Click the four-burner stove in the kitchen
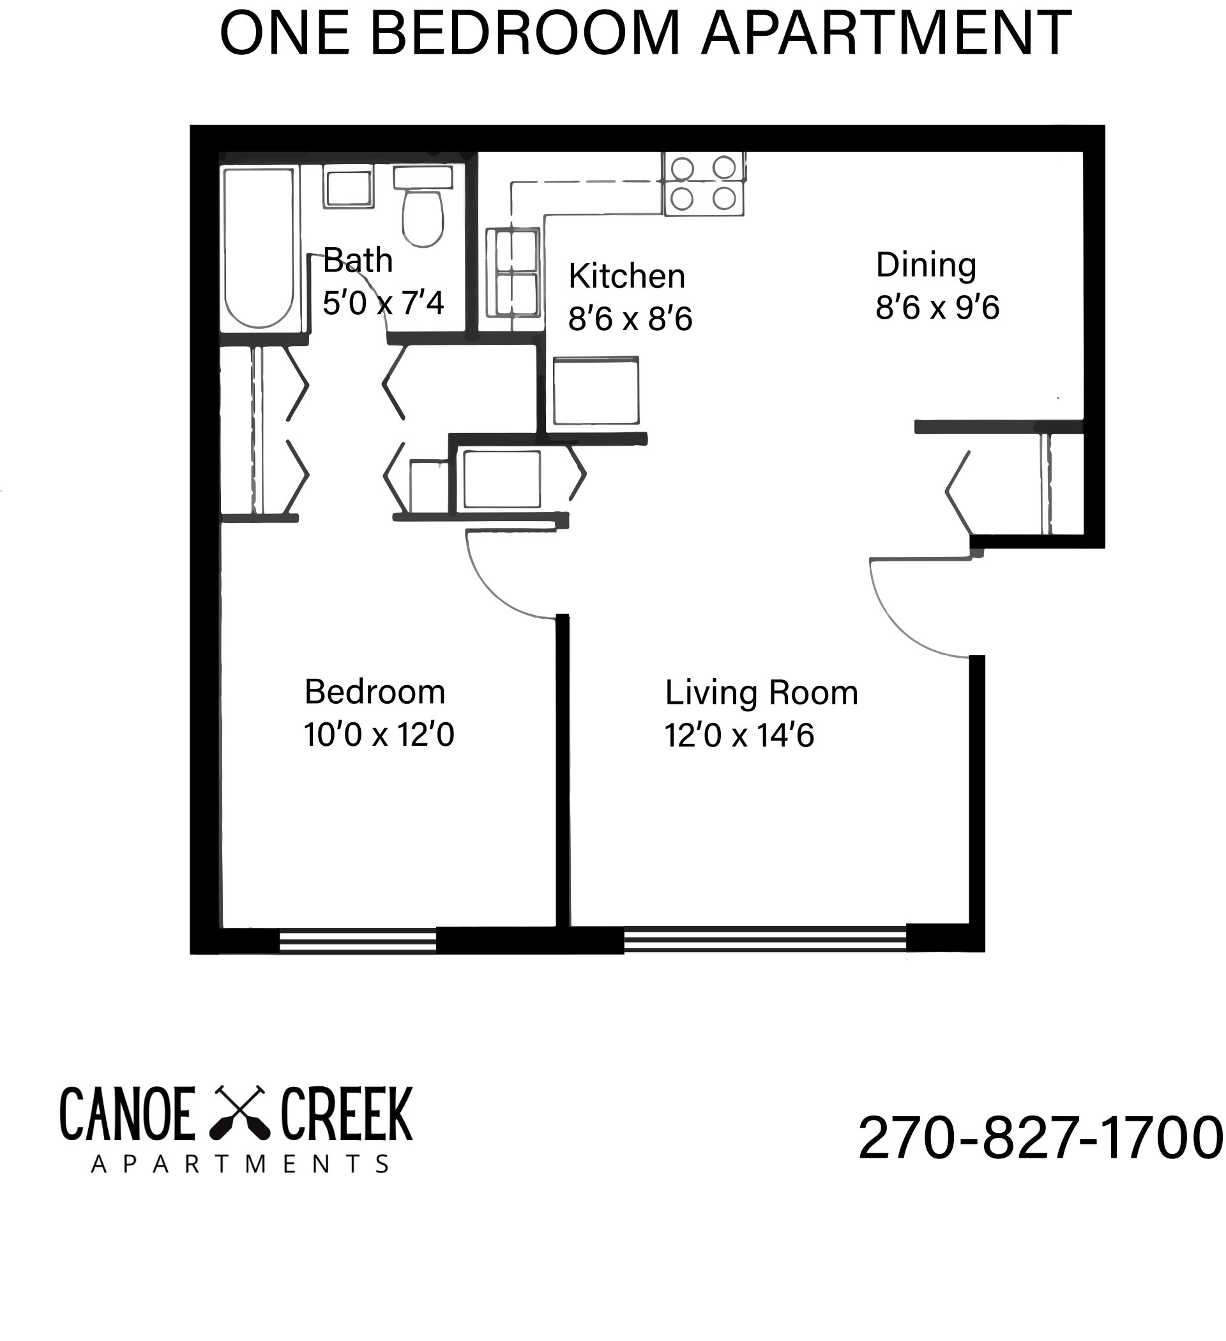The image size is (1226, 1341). pos(703,184)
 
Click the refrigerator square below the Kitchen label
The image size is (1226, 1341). pos(595,391)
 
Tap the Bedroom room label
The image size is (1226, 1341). pos(375,692)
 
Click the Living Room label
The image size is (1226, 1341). pos(761,693)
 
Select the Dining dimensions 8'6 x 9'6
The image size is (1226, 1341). pos(937,308)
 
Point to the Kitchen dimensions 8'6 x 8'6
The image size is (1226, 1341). pos(630,319)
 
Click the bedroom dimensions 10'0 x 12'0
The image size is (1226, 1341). pos(379,735)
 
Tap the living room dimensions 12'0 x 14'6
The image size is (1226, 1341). pos(739,736)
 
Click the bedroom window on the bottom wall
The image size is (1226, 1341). pos(357,941)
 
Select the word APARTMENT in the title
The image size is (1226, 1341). pos(886,33)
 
